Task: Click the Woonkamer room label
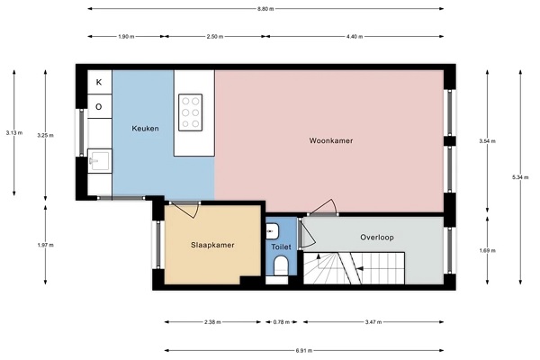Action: tap(330, 140)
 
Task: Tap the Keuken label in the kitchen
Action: tap(145, 129)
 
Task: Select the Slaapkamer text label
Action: tap(212, 245)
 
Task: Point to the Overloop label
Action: tap(377, 238)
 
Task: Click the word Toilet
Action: tap(281, 247)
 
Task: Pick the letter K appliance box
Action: tap(99, 82)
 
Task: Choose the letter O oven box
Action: tap(99, 106)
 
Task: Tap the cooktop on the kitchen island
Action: tap(191, 112)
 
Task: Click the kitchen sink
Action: tap(100, 160)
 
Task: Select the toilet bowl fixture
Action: tap(281, 265)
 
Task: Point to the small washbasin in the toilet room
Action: tap(272, 231)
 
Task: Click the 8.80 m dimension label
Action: tap(265, 9)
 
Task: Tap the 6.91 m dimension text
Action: tap(304, 351)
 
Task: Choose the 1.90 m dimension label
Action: tap(126, 37)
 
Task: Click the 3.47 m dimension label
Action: tap(373, 322)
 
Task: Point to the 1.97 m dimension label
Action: tap(46, 246)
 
